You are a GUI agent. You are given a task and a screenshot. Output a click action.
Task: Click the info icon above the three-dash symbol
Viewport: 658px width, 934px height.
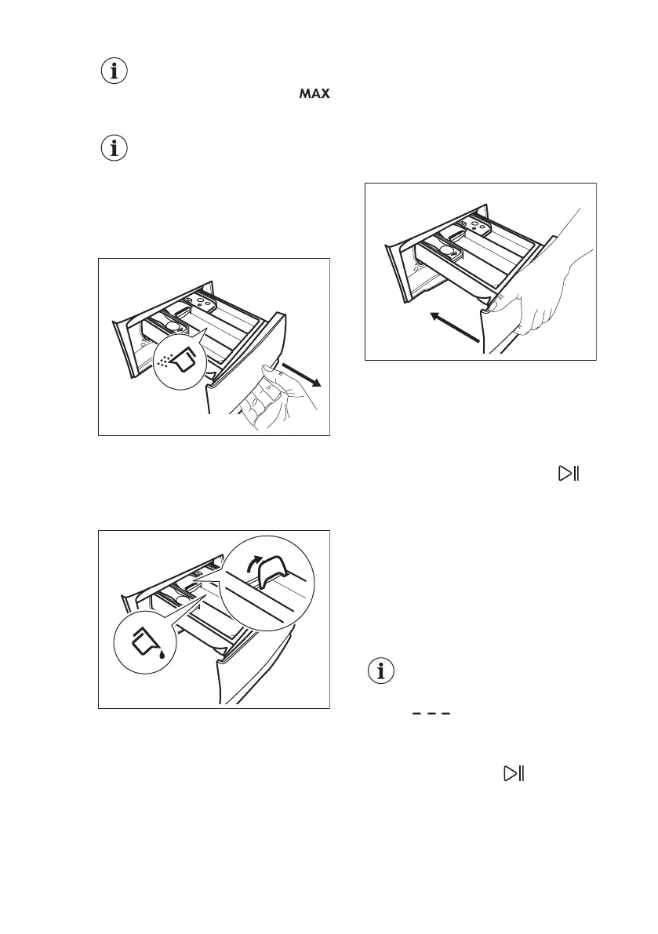click(x=382, y=671)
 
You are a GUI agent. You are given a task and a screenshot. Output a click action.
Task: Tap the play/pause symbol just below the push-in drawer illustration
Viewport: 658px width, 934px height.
click(x=568, y=473)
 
